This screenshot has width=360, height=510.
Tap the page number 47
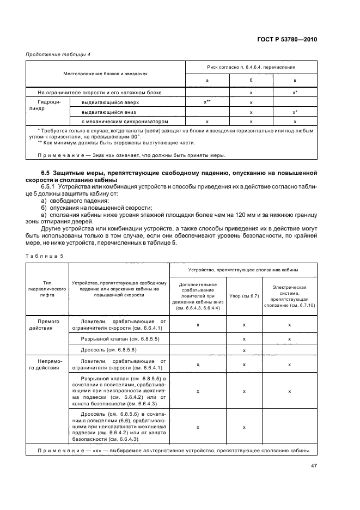(314, 466)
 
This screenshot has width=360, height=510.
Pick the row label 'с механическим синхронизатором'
(121, 121)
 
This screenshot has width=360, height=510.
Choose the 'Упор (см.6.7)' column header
(244, 296)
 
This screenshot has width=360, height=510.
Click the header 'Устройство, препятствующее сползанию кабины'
(243, 269)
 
